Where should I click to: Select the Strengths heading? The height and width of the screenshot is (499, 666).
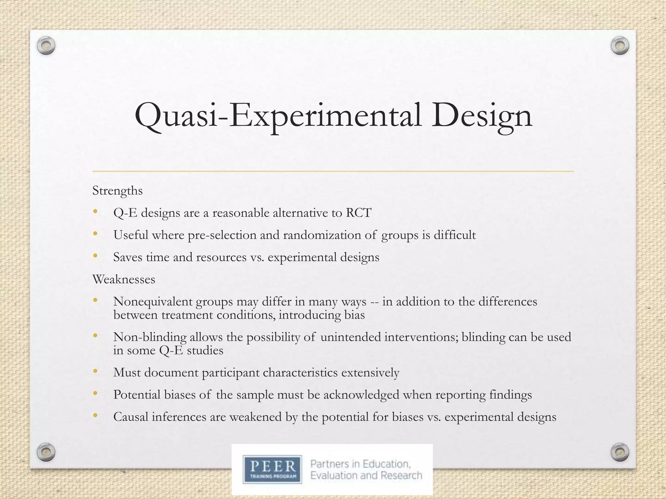coord(117,191)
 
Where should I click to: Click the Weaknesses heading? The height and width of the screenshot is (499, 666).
coord(124,279)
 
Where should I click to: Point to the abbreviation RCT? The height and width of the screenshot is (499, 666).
coord(358,213)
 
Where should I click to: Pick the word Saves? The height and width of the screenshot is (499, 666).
coord(128,257)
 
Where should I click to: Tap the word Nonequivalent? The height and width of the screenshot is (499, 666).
coord(153,302)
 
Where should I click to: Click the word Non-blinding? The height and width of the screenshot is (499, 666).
coord(150,337)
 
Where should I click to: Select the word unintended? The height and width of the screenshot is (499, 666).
coord(350,337)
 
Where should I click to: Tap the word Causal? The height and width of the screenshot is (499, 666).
coord(130,417)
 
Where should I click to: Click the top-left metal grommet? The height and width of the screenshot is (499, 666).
coord(46,46)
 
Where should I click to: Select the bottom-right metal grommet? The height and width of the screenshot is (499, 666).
coord(620,452)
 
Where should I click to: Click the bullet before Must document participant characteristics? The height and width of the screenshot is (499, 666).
coord(95,371)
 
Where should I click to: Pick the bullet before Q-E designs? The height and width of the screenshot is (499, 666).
coord(95,212)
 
